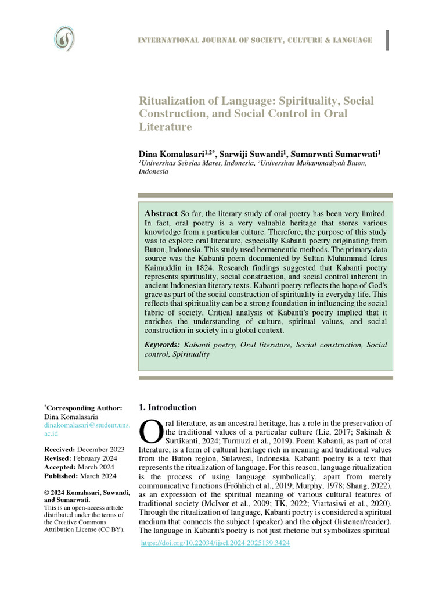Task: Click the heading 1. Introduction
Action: coord(168,407)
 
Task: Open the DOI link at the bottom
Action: coord(216,543)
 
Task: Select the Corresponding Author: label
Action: coord(84,408)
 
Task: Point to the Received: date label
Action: coord(60,450)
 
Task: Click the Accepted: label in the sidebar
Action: coord(60,467)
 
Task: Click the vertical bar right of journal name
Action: coord(387,39)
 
